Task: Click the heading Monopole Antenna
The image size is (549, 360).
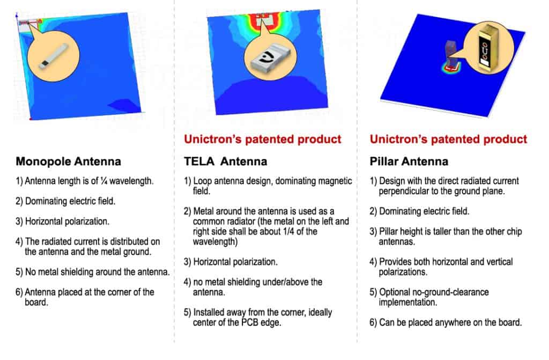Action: tap(69, 161)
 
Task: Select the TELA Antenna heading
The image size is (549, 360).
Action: tap(226, 161)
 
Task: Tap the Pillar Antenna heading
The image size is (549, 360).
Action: tap(409, 161)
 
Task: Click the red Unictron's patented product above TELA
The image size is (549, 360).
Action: tap(263, 139)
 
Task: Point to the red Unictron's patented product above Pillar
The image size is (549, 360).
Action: tap(448, 139)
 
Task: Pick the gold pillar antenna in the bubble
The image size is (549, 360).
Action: tap(488, 48)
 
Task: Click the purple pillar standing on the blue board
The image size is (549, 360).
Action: tap(450, 53)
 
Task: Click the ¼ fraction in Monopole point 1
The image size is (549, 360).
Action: tap(103, 181)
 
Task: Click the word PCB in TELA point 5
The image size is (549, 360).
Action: tap(250, 322)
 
